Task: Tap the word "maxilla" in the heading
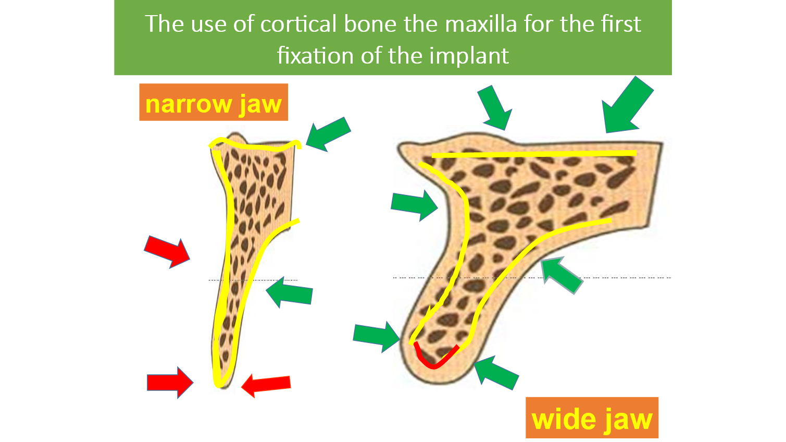pyautogui.click(x=481, y=24)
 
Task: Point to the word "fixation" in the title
pyautogui.click(x=315, y=56)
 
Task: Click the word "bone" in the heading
pyautogui.click(x=370, y=24)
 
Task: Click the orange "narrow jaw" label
pyautogui.click(x=214, y=102)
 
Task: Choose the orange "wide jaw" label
pyautogui.click(x=592, y=418)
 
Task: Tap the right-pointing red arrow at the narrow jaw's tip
pyautogui.click(x=170, y=382)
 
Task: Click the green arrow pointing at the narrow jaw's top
pyautogui.click(x=328, y=134)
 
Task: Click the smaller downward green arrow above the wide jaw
pyautogui.click(x=495, y=107)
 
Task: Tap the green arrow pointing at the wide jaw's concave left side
pyautogui.click(x=415, y=205)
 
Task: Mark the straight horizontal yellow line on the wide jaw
pyautogui.click(x=534, y=154)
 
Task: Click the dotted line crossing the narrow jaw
pyautogui.click(x=253, y=280)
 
